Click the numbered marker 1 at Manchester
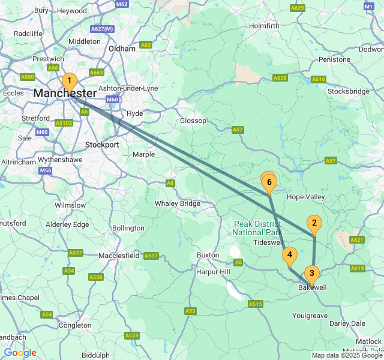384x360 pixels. pyautogui.click(x=69, y=82)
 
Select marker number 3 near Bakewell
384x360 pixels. pyautogui.click(x=311, y=274)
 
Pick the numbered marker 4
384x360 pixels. pyautogui.click(x=290, y=255)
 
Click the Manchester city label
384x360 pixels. pyautogui.click(x=65, y=94)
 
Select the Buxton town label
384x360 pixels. pyautogui.click(x=208, y=255)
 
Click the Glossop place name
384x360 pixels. pyautogui.click(x=193, y=121)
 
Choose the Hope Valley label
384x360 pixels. pyautogui.click(x=306, y=197)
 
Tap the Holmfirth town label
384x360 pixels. pyautogui.click(x=264, y=26)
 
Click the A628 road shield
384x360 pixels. pyautogui.click(x=280, y=78)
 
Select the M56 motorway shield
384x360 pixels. pyautogui.click(x=46, y=171)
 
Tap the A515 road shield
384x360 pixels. pyautogui.click(x=256, y=305)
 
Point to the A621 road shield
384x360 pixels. pyautogui.click(x=357, y=240)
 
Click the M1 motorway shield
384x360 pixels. pyautogui.click(x=369, y=6)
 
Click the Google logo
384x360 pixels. pyautogui.click(x=20, y=353)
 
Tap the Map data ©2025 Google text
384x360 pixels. pyautogui.click(x=346, y=355)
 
